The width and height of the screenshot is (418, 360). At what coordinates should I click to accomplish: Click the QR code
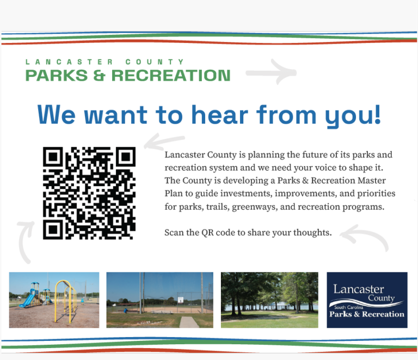click(x=89, y=193)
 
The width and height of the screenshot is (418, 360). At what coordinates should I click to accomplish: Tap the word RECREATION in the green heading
click(x=171, y=75)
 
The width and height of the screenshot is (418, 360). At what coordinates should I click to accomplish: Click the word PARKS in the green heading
click(x=57, y=75)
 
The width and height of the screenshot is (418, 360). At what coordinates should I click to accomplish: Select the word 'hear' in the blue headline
click(x=220, y=115)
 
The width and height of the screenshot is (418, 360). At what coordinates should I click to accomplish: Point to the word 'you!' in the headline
click(x=353, y=116)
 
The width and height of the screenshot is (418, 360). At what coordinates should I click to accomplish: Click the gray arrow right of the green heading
click(x=271, y=72)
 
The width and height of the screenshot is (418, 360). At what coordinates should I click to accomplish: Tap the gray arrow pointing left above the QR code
click(x=164, y=142)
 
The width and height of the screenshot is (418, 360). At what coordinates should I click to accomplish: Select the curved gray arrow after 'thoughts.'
click(x=365, y=236)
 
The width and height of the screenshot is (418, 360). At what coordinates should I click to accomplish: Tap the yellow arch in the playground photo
click(x=65, y=300)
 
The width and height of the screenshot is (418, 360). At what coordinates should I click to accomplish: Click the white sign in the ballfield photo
click(x=181, y=300)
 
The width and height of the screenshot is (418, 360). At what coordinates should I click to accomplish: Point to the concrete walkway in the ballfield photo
click(x=189, y=322)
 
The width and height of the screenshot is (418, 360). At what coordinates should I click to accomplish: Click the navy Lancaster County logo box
click(x=367, y=300)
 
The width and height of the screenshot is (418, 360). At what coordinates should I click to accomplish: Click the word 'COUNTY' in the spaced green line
click(x=155, y=62)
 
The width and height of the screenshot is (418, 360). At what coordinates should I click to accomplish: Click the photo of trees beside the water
click(x=269, y=300)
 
